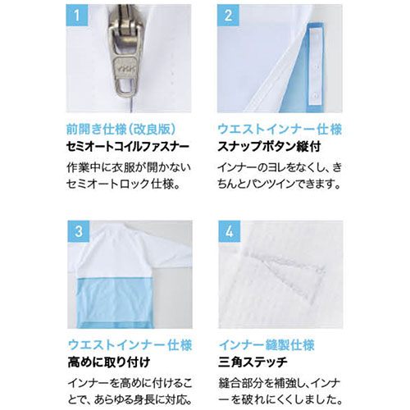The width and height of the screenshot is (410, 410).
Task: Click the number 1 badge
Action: tap(77, 16)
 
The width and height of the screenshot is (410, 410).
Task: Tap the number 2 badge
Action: tap(228, 16)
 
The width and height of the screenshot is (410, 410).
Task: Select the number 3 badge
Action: tap(79, 231)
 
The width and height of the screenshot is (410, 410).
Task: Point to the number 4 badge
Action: tap(230, 231)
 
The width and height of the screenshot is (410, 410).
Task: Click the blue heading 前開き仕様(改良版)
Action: tap(121, 130)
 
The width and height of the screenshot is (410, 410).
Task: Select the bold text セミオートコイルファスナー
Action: tap(128, 147)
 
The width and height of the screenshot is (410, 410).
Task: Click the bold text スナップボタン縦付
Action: tap(269, 147)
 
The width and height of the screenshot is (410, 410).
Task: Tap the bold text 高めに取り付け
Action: tap(109, 362)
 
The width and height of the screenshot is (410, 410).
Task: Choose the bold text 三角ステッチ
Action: tap(253, 362)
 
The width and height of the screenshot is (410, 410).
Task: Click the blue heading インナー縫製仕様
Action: tap(266, 345)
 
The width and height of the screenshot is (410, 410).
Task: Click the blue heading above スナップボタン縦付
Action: tap(280, 130)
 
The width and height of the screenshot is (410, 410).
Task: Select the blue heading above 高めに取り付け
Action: tap(130, 345)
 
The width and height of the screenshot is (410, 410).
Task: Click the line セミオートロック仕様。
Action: tap(124, 184)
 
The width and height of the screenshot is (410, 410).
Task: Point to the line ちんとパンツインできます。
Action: tap(280, 184)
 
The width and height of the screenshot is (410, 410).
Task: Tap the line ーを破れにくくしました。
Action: tap(280, 400)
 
